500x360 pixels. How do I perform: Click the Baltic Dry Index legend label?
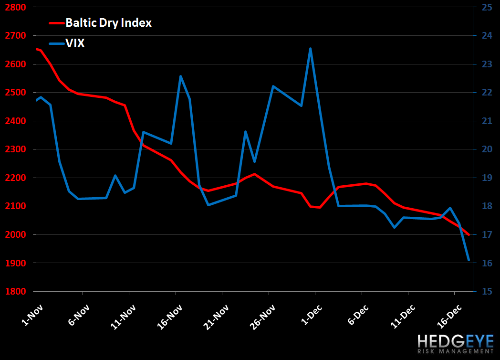(x=108, y=23)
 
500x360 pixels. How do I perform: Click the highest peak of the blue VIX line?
(x=311, y=48)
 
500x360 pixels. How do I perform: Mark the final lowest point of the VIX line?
(x=469, y=260)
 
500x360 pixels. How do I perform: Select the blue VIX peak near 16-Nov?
(x=180, y=76)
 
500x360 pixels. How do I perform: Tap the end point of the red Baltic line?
(x=469, y=234)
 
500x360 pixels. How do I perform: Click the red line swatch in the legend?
(x=56, y=23)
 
